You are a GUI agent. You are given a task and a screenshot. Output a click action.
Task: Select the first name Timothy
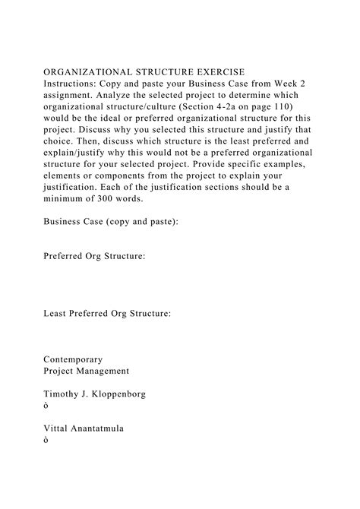(64, 394)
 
